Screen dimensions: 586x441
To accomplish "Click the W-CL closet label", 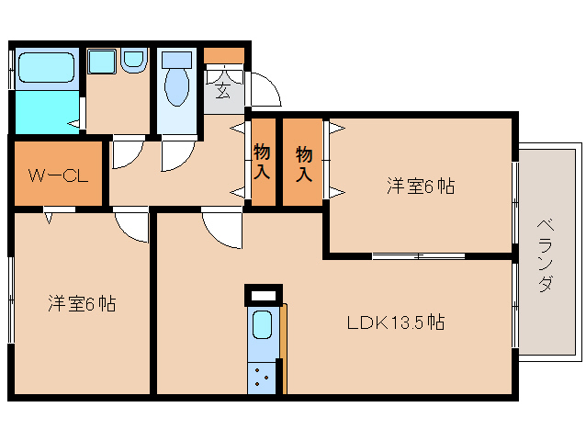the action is pos(58,175).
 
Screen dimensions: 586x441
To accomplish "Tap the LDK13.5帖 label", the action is pos(396,322).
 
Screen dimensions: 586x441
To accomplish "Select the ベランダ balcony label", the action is pos(546,255).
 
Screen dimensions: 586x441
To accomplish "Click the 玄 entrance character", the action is pos(223,90).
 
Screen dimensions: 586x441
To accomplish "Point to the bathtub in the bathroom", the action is pos(46,67).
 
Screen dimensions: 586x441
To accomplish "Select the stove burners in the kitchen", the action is pos(261,377).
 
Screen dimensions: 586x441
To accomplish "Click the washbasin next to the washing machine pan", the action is pos(133,61).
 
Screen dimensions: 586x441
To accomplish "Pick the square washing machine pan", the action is pos(102,62).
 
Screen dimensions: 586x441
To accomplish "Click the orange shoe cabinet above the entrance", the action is pos(224,55).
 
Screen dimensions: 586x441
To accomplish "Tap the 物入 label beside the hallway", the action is pos(262,162).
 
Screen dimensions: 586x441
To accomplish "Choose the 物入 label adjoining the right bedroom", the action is pos(304,164).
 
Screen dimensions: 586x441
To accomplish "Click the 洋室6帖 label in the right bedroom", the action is pos(421,186).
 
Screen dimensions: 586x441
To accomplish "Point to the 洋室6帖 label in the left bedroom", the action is pos(82,303).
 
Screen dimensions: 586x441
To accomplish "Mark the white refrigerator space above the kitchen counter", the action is pos(264,296).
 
